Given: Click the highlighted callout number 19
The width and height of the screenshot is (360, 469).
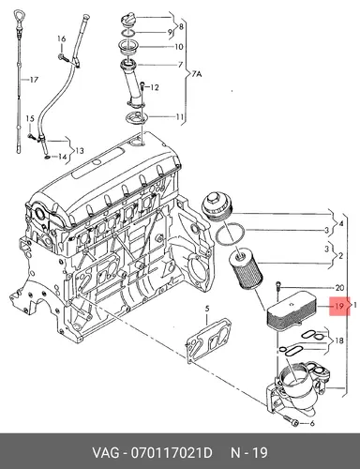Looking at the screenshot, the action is (x=338, y=306).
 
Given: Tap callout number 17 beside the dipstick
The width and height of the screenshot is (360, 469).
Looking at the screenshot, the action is (x=34, y=80).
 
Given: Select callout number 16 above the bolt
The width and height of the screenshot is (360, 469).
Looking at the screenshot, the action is (x=62, y=39).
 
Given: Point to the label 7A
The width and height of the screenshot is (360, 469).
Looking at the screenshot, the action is (x=197, y=74).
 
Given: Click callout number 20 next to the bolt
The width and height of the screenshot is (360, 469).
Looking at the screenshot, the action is (x=339, y=288).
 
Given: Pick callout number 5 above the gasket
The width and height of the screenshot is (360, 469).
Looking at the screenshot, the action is (x=207, y=309).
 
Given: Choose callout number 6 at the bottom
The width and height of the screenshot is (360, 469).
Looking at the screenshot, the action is (x=311, y=424).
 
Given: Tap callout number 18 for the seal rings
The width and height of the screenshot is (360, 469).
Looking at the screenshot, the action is (x=339, y=340).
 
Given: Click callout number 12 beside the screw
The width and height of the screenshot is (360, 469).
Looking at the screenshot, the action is (x=155, y=87).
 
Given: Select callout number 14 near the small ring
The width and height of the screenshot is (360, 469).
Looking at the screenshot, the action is (x=62, y=156).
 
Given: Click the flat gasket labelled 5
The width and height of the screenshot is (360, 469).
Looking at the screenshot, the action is (x=208, y=340).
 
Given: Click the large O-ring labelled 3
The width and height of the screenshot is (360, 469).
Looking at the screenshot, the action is (x=231, y=234).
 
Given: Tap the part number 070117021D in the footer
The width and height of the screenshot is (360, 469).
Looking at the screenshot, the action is (x=172, y=453).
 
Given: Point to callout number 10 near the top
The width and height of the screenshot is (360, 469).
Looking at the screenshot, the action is (x=178, y=47).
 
